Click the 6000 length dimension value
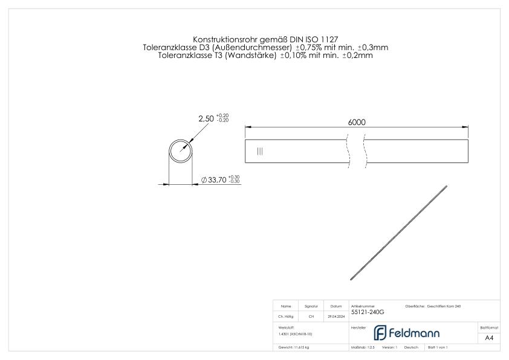pyautogui.click(x=357, y=121)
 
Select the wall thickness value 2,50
pyautogui.click(x=206, y=118)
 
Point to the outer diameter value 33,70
pyautogui.click(x=217, y=180)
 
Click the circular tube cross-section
pyautogui.click(x=180, y=150)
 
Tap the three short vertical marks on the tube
pyautogui.click(x=260, y=152)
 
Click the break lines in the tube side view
pyautogui.click(x=356, y=151)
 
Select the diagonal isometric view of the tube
pyautogui.click(x=398, y=233)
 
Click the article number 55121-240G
pyautogui.click(x=368, y=312)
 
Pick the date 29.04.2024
pyautogui.click(x=336, y=316)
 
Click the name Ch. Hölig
pyautogui.click(x=286, y=316)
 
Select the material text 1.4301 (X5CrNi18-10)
pyautogui.click(x=296, y=333)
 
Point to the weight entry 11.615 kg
pyautogui.click(x=294, y=347)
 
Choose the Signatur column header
pyautogui.click(x=311, y=306)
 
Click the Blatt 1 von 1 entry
pyautogui.click(x=437, y=347)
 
